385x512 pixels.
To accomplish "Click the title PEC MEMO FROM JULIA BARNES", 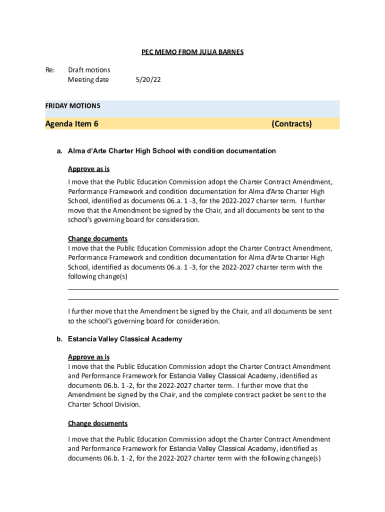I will pos(192,52).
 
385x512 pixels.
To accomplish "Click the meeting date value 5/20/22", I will pos(148,79).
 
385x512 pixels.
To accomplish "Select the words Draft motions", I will pos(89,70).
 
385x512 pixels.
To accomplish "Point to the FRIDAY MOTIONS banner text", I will pos(72,106).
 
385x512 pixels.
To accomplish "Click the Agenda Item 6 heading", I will pos(71,124).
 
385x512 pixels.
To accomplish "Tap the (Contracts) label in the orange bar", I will pos(291,124).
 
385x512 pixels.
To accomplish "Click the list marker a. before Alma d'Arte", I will pos(59,150).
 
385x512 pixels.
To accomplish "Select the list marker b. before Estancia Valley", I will pos(59,339).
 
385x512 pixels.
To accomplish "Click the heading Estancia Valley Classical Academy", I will pos(125,339).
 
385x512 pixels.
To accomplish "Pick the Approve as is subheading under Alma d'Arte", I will pos(88,169).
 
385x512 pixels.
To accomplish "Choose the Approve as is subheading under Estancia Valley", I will pos(88,357).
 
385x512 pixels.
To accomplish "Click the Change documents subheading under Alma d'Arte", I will pos(97,238).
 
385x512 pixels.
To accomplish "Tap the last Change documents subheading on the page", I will pos(97,423).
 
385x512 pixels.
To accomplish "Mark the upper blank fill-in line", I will pos(203,289).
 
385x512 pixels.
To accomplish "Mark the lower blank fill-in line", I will pos(203,299).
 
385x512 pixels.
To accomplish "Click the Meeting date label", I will pos(88,79).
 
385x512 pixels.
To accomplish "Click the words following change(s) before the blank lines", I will pos(97,276).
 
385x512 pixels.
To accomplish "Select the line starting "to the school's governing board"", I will pos(143,321).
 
